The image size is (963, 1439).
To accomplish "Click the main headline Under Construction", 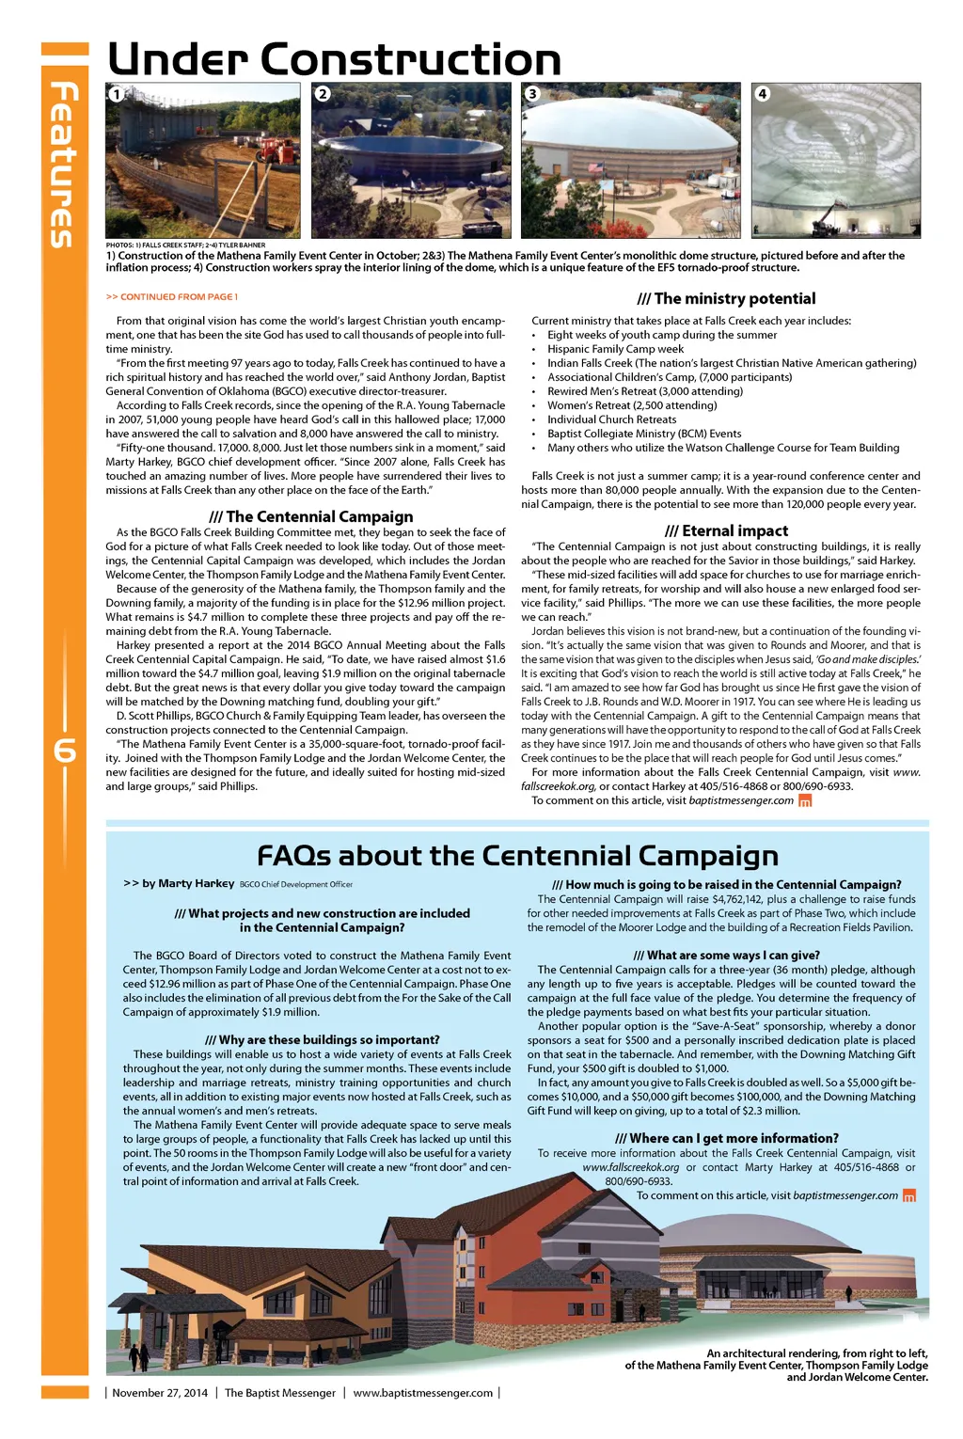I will coord(334,59).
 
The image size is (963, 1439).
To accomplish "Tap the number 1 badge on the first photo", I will coord(116,94).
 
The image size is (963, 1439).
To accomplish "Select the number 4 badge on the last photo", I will coord(763,94).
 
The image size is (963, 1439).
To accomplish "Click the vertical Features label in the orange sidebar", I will coord(62,165).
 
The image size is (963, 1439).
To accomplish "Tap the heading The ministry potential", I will coord(726,298).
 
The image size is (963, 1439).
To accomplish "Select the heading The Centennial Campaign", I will coord(310,516).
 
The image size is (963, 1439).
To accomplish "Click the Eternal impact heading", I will coord(726,530).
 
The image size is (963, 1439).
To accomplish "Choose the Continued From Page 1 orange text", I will coord(172,297).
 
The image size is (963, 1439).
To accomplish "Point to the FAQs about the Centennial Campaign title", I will coord(517,856).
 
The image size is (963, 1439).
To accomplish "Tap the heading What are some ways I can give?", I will coord(726,955).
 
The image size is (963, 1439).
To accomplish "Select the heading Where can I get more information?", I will coord(726,1138).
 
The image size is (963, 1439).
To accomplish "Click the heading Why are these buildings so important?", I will coord(322,1039).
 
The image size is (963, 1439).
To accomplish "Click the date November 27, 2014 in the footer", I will coord(160,1393).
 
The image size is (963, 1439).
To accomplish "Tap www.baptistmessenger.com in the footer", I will coord(422,1393).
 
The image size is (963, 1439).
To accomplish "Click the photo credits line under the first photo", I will coord(185,245).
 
